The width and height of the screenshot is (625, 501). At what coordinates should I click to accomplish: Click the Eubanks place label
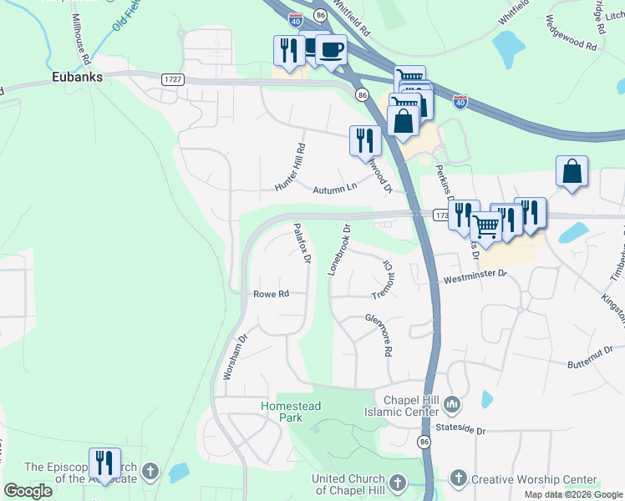76,77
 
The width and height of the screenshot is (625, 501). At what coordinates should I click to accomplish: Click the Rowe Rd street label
271,294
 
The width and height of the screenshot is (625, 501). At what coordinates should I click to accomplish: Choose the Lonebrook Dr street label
338,249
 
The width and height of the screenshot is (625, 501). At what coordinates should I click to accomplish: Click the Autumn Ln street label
335,190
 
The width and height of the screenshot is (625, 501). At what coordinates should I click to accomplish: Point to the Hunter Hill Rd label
291,167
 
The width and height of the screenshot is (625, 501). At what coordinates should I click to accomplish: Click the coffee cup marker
331,48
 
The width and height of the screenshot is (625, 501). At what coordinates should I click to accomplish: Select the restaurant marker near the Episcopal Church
104,463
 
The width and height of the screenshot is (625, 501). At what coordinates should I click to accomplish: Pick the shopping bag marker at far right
572,171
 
